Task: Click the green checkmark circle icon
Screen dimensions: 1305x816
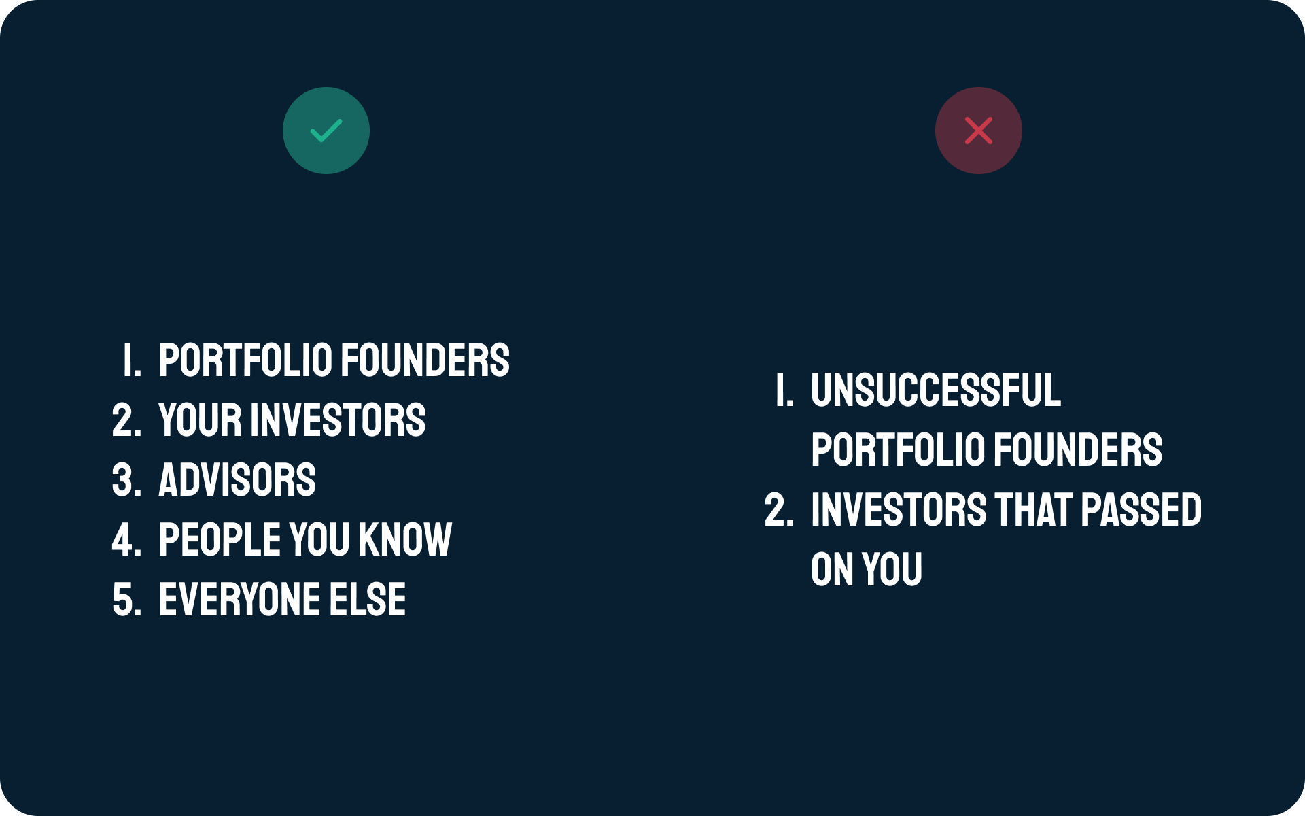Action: coord(326,131)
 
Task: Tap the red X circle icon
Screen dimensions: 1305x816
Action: coord(979,131)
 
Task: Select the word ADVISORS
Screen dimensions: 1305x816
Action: coord(237,480)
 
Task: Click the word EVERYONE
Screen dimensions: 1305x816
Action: coord(239,600)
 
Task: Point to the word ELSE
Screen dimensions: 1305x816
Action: coord(368,600)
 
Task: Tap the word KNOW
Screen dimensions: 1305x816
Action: coord(405,540)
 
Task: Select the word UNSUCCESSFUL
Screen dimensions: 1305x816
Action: coord(936,390)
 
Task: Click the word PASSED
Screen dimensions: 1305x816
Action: coord(1141,510)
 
